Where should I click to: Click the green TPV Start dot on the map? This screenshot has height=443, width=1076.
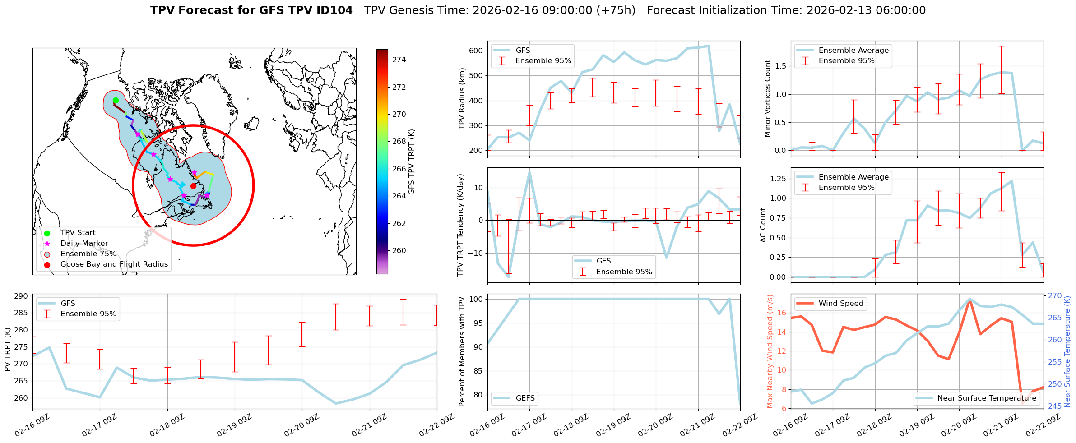click(x=116, y=100)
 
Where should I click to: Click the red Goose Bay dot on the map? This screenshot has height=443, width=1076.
click(x=193, y=186)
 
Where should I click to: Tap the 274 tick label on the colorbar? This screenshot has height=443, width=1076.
click(x=399, y=60)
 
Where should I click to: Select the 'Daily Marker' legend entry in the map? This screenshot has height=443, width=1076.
click(x=84, y=244)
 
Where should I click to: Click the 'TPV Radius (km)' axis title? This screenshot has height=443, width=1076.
click(x=462, y=98)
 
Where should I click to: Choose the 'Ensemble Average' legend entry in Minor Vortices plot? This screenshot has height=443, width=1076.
click(x=853, y=51)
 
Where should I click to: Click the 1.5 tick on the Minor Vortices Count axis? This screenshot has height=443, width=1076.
click(x=779, y=66)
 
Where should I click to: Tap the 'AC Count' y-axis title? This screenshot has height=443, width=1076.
click(x=763, y=225)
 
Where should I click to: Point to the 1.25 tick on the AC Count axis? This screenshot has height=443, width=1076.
click(x=777, y=179)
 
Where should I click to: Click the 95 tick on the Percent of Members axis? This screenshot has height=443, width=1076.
click(x=478, y=323)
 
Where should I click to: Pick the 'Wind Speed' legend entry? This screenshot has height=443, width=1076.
click(x=840, y=304)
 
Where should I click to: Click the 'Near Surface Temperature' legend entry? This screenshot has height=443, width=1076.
click(x=987, y=398)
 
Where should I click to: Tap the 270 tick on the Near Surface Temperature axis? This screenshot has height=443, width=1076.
click(x=1055, y=296)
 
